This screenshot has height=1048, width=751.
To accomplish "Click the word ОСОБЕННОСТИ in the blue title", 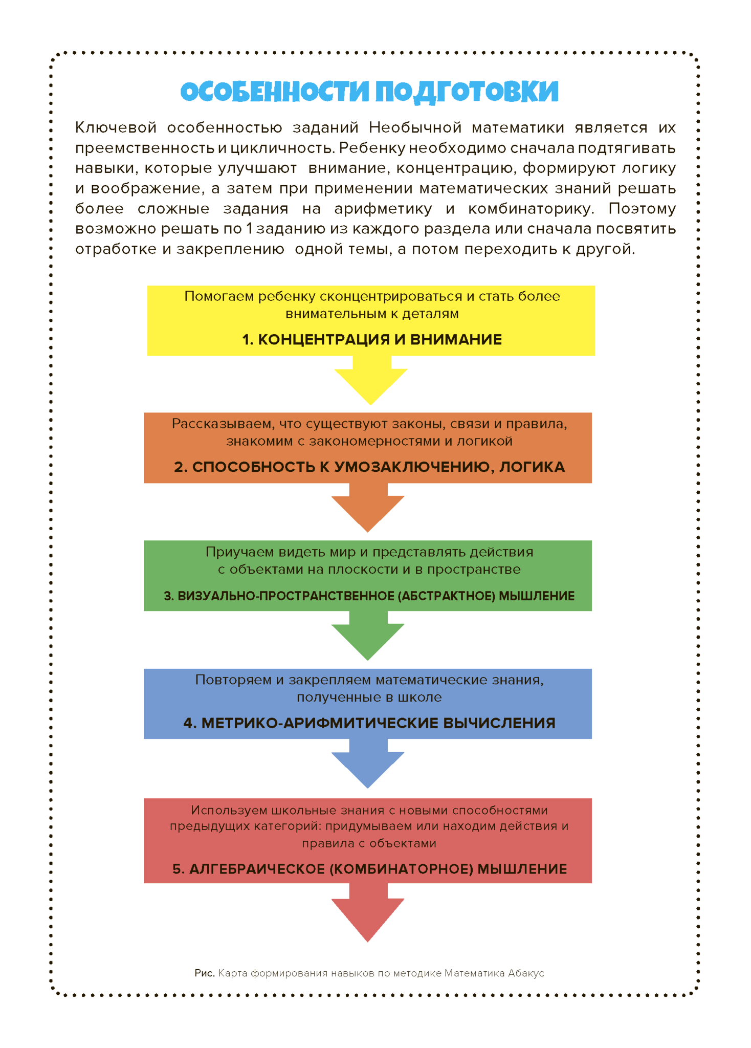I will coord(274,92).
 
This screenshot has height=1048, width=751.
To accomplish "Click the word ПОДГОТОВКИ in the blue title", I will coord(467,92).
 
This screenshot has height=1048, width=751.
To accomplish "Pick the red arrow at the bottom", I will coord(368,916).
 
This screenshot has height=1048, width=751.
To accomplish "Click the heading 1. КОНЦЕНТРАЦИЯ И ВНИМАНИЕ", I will coord(372,339).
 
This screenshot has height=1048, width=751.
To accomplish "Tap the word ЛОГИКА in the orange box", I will coord(532,467).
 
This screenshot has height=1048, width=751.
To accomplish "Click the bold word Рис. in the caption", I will coord(204,973).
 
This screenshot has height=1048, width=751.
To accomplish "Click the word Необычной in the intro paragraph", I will coord(415,127).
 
